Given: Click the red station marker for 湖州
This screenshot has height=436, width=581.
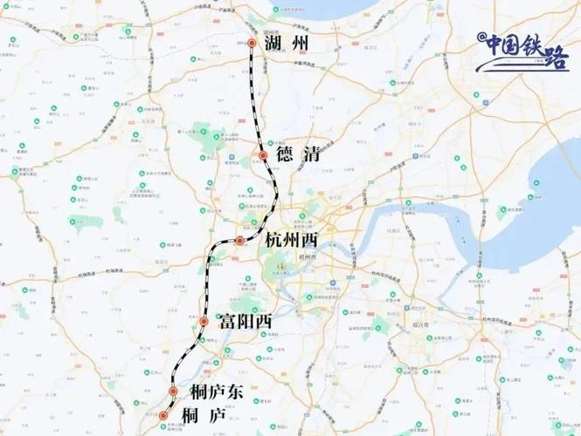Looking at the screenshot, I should tap(251, 43).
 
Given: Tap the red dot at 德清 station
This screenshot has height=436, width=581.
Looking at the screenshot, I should tap(263, 155).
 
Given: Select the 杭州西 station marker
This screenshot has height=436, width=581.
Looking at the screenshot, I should tap(239, 241).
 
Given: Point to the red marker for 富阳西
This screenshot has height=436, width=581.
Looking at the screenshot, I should tap(204, 322).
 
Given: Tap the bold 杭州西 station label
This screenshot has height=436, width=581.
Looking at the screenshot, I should tap(292, 241).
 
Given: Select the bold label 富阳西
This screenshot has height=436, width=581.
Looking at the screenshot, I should tap(247, 322).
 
